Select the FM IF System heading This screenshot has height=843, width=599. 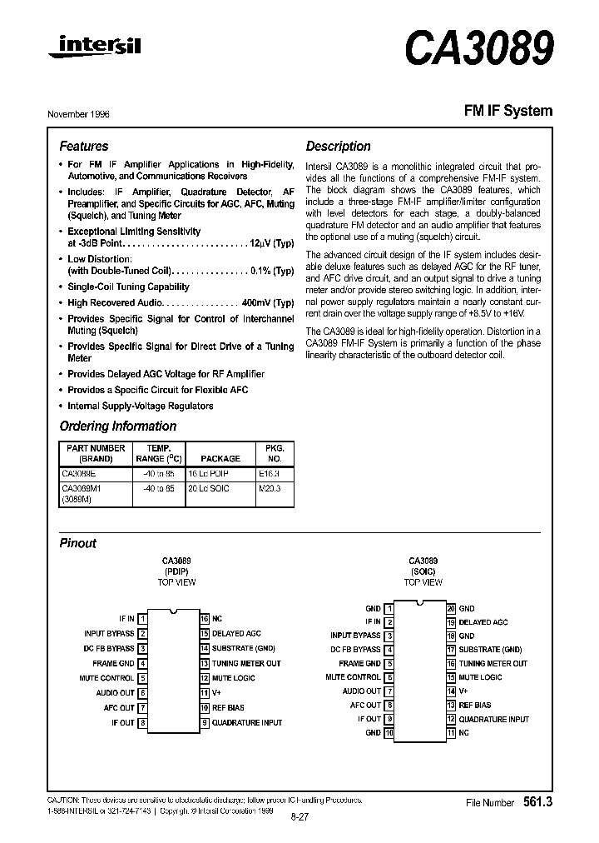click(507, 111)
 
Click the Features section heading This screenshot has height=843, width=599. click(83, 146)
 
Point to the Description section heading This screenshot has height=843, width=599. click(338, 146)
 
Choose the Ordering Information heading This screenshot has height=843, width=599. click(117, 426)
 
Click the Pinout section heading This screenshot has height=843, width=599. click(77, 543)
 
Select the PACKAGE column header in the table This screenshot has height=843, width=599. click(220, 458)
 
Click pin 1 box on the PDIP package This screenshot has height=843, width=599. click(143, 619)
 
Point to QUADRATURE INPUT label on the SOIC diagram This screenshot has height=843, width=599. click(493, 719)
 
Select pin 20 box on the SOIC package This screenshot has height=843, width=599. click(451, 609)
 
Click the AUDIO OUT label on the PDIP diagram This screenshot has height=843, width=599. click(115, 692)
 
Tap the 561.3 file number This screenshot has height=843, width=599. click(537, 803)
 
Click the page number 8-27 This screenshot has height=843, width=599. click(299, 817)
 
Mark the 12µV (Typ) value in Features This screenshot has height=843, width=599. click(271, 243)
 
